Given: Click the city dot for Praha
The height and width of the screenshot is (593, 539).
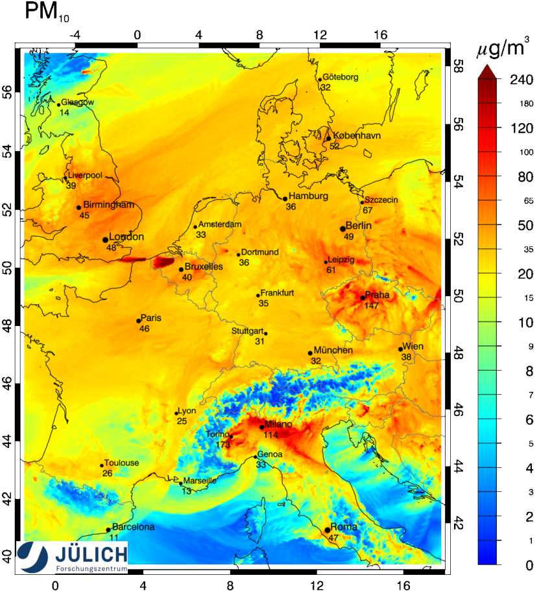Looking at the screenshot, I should coord(363,297).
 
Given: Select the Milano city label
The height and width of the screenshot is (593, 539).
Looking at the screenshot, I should coord(280,424).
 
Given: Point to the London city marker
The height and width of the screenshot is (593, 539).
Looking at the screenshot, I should coord(105,240).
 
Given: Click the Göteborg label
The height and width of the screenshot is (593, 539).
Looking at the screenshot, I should coord(341,77).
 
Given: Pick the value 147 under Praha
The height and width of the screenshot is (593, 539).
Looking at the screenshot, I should coord(372,305).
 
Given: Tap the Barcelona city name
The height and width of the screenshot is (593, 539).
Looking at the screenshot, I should coord(134,528).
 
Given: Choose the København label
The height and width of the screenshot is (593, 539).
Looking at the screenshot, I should coord(357,135).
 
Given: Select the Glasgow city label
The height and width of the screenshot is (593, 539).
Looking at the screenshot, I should coord(77,102).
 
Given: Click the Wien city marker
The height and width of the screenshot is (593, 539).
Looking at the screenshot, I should coord(400,349).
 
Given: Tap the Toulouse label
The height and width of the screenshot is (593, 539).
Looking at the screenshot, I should coord(122,463).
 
